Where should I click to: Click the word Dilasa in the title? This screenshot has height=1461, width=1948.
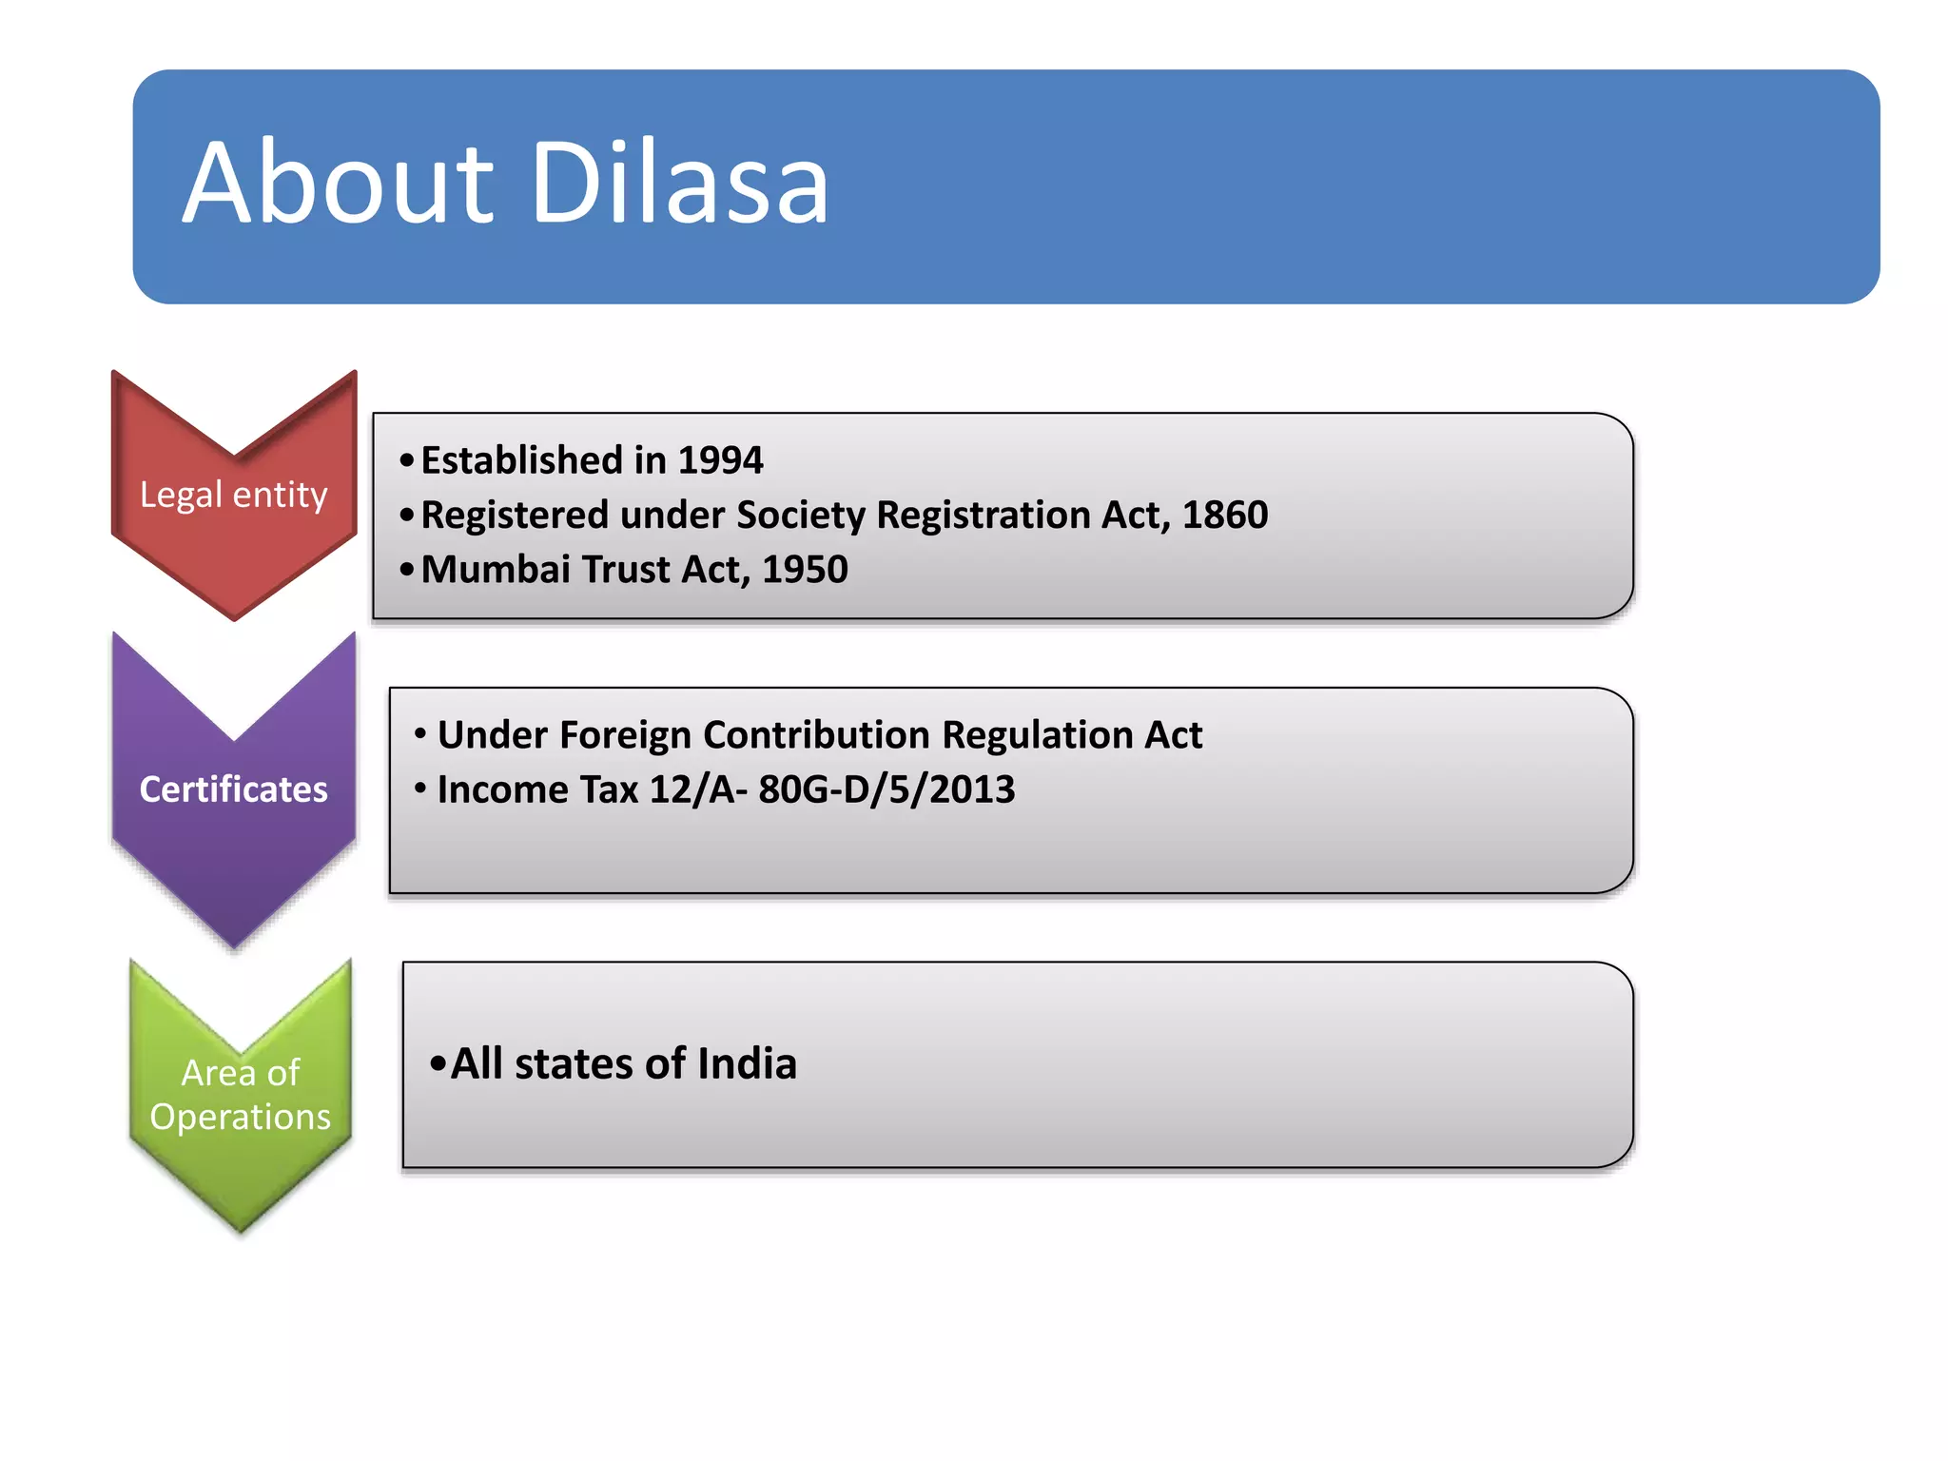[679, 183]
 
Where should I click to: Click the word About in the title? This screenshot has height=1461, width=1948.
[339, 183]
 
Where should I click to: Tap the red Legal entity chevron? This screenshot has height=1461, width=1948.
[234, 495]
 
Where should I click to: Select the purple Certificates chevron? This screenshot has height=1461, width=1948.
[234, 789]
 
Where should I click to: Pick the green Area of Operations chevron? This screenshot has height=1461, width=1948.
[241, 1094]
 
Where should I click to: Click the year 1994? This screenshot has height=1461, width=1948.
[720, 460]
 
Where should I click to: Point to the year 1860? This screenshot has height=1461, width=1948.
[1225, 515]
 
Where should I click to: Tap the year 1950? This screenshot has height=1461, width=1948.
[805, 569]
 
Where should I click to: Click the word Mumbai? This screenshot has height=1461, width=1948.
[496, 569]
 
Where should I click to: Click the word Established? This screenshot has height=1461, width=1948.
[522, 460]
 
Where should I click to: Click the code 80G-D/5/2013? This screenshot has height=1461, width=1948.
[886, 789]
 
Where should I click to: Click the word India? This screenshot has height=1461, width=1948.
[747, 1063]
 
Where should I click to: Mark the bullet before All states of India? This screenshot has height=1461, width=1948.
[438, 1063]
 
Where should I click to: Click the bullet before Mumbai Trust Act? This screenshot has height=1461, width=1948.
[407, 570]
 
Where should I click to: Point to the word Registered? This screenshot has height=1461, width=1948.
[515, 515]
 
